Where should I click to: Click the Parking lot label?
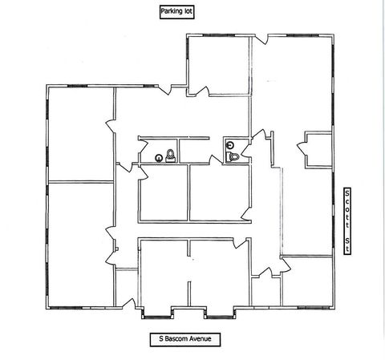pos(176,12)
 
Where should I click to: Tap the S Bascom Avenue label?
pos(185,339)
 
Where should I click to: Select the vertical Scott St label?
pos(347,220)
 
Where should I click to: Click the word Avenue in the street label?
pos(201,339)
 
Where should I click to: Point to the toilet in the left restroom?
pos(170,156)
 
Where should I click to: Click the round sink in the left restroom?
pos(159,158)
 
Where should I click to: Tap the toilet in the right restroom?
pos(232,156)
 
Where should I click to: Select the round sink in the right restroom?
pos(230,145)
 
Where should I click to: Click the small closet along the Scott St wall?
pos(319,150)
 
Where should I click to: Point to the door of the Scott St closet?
pos(302,149)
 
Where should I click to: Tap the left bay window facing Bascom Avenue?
pos(156,313)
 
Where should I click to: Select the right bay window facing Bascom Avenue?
pos(220,313)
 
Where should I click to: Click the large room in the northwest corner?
pos(81,135)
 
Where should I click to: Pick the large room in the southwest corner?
pos(81,245)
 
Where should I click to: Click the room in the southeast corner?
pos(307,281)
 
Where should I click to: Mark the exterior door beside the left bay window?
pos(129,303)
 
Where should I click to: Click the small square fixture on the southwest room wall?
pos(117,249)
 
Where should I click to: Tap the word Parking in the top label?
pos(171,12)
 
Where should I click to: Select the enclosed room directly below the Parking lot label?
pos(219,66)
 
